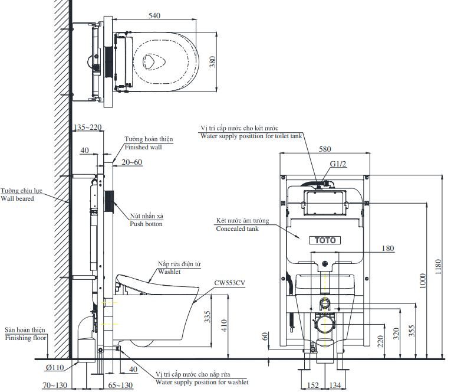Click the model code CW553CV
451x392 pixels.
coord(231,283)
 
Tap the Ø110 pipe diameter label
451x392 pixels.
coord(54,368)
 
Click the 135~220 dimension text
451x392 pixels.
coord(88,127)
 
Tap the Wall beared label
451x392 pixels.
coord(17,198)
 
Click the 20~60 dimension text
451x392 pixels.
coord(133,162)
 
